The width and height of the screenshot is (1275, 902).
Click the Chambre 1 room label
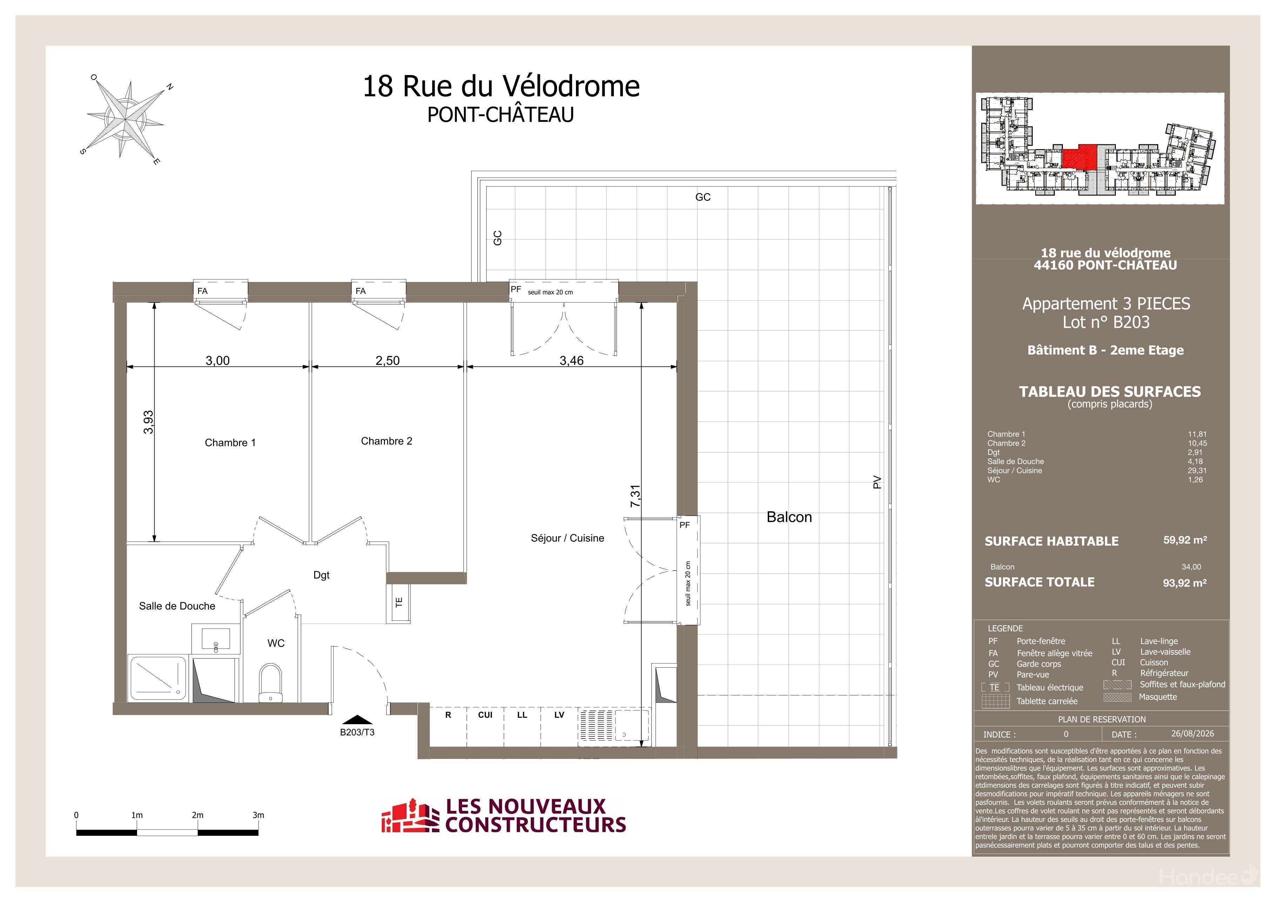230,443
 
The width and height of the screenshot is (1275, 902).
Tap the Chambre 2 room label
387,441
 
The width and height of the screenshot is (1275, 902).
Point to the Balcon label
789,517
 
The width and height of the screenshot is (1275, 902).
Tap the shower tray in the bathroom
158,678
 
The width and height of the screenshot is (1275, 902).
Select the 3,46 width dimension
571,361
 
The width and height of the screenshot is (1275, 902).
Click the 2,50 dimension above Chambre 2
388,361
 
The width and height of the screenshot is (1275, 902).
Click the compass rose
126,119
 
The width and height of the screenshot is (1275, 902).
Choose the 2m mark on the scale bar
198,815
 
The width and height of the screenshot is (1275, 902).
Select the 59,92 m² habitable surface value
1185,540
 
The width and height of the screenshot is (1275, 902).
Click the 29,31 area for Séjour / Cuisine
1197,470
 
